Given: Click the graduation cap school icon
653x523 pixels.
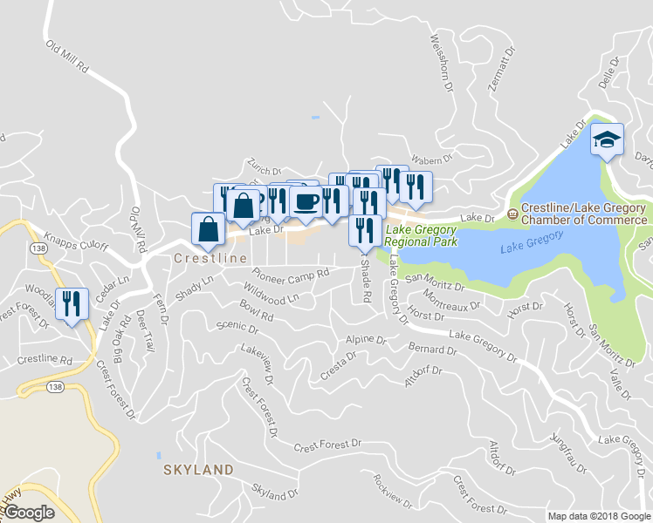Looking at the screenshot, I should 607,139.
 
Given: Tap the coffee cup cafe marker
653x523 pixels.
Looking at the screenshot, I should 306,201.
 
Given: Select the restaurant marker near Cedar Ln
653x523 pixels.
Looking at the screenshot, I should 72,302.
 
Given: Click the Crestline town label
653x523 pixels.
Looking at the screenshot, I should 204,259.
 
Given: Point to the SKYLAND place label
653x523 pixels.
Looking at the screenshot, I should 198,470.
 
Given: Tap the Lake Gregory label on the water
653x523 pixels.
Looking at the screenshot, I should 532,243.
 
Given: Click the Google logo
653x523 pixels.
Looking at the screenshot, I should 29,513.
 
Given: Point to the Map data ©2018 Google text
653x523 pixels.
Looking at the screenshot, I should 599,516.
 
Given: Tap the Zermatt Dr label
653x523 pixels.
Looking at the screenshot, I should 498,65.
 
